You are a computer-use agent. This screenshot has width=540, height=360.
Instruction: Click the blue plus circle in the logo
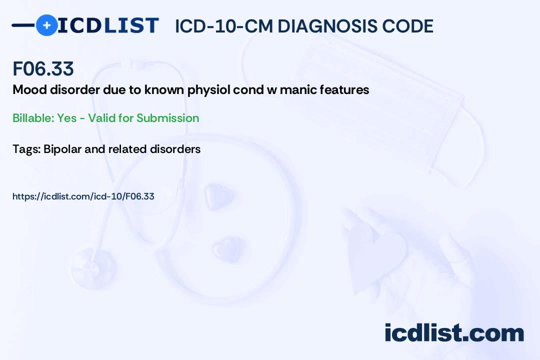click(x=46, y=25)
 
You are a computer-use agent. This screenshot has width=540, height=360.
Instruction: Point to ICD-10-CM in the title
click(x=224, y=26)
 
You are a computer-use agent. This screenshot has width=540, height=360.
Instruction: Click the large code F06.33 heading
click(x=43, y=69)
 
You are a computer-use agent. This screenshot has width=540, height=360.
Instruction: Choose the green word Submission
click(x=167, y=118)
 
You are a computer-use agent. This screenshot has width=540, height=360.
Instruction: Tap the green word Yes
click(x=66, y=118)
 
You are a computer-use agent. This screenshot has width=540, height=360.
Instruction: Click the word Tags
click(x=26, y=149)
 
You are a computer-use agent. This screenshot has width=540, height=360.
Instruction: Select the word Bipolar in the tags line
click(x=61, y=149)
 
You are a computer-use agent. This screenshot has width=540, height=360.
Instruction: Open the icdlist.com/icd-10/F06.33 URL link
click(x=83, y=196)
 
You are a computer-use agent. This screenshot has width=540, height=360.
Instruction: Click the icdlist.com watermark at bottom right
click(x=454, y=333)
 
